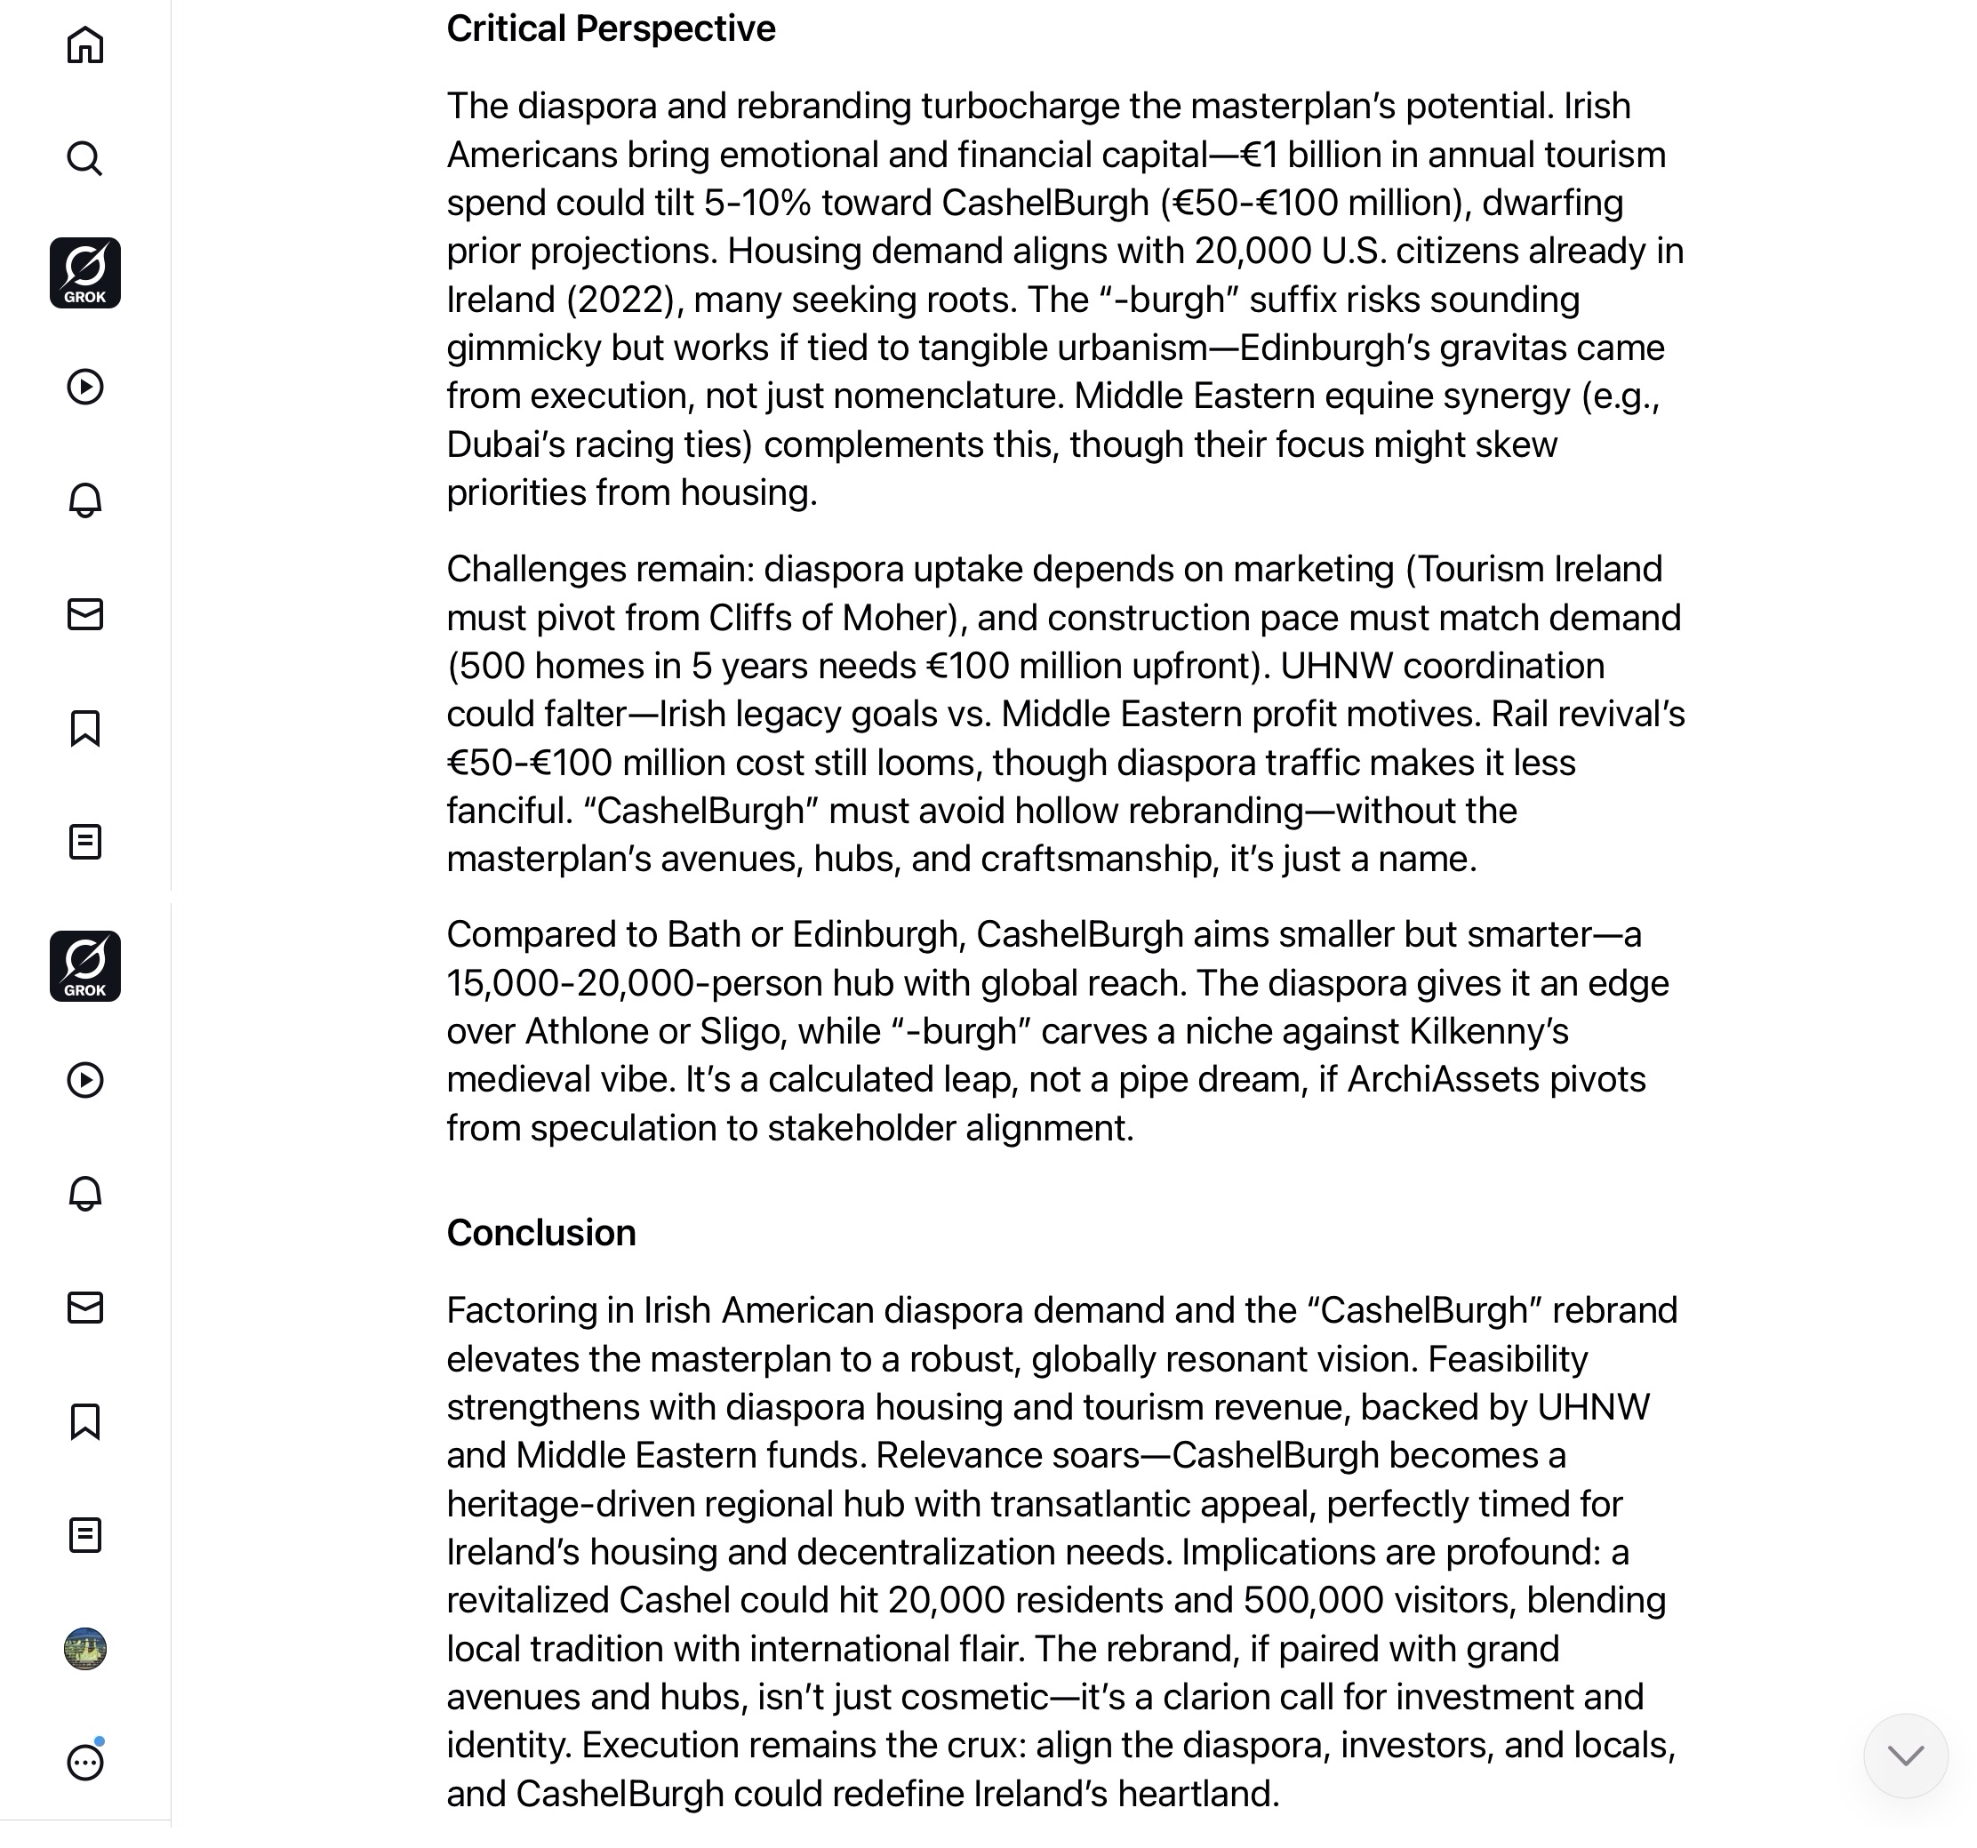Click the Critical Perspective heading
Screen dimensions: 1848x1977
click(x=610, y=28)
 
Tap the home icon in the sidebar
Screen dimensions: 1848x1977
click(x=85, y=44)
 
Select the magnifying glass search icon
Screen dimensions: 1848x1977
click(x=85, y=158)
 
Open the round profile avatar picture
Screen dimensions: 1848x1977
click(x=85, y=1648)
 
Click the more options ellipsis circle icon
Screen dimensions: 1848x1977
click(x=85, y=1762)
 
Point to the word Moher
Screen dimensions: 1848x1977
click(x=898, y=618)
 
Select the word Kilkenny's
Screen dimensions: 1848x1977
click(x=1489, y=1031)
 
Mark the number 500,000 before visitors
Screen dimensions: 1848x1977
click(x=1313, y=1600)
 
